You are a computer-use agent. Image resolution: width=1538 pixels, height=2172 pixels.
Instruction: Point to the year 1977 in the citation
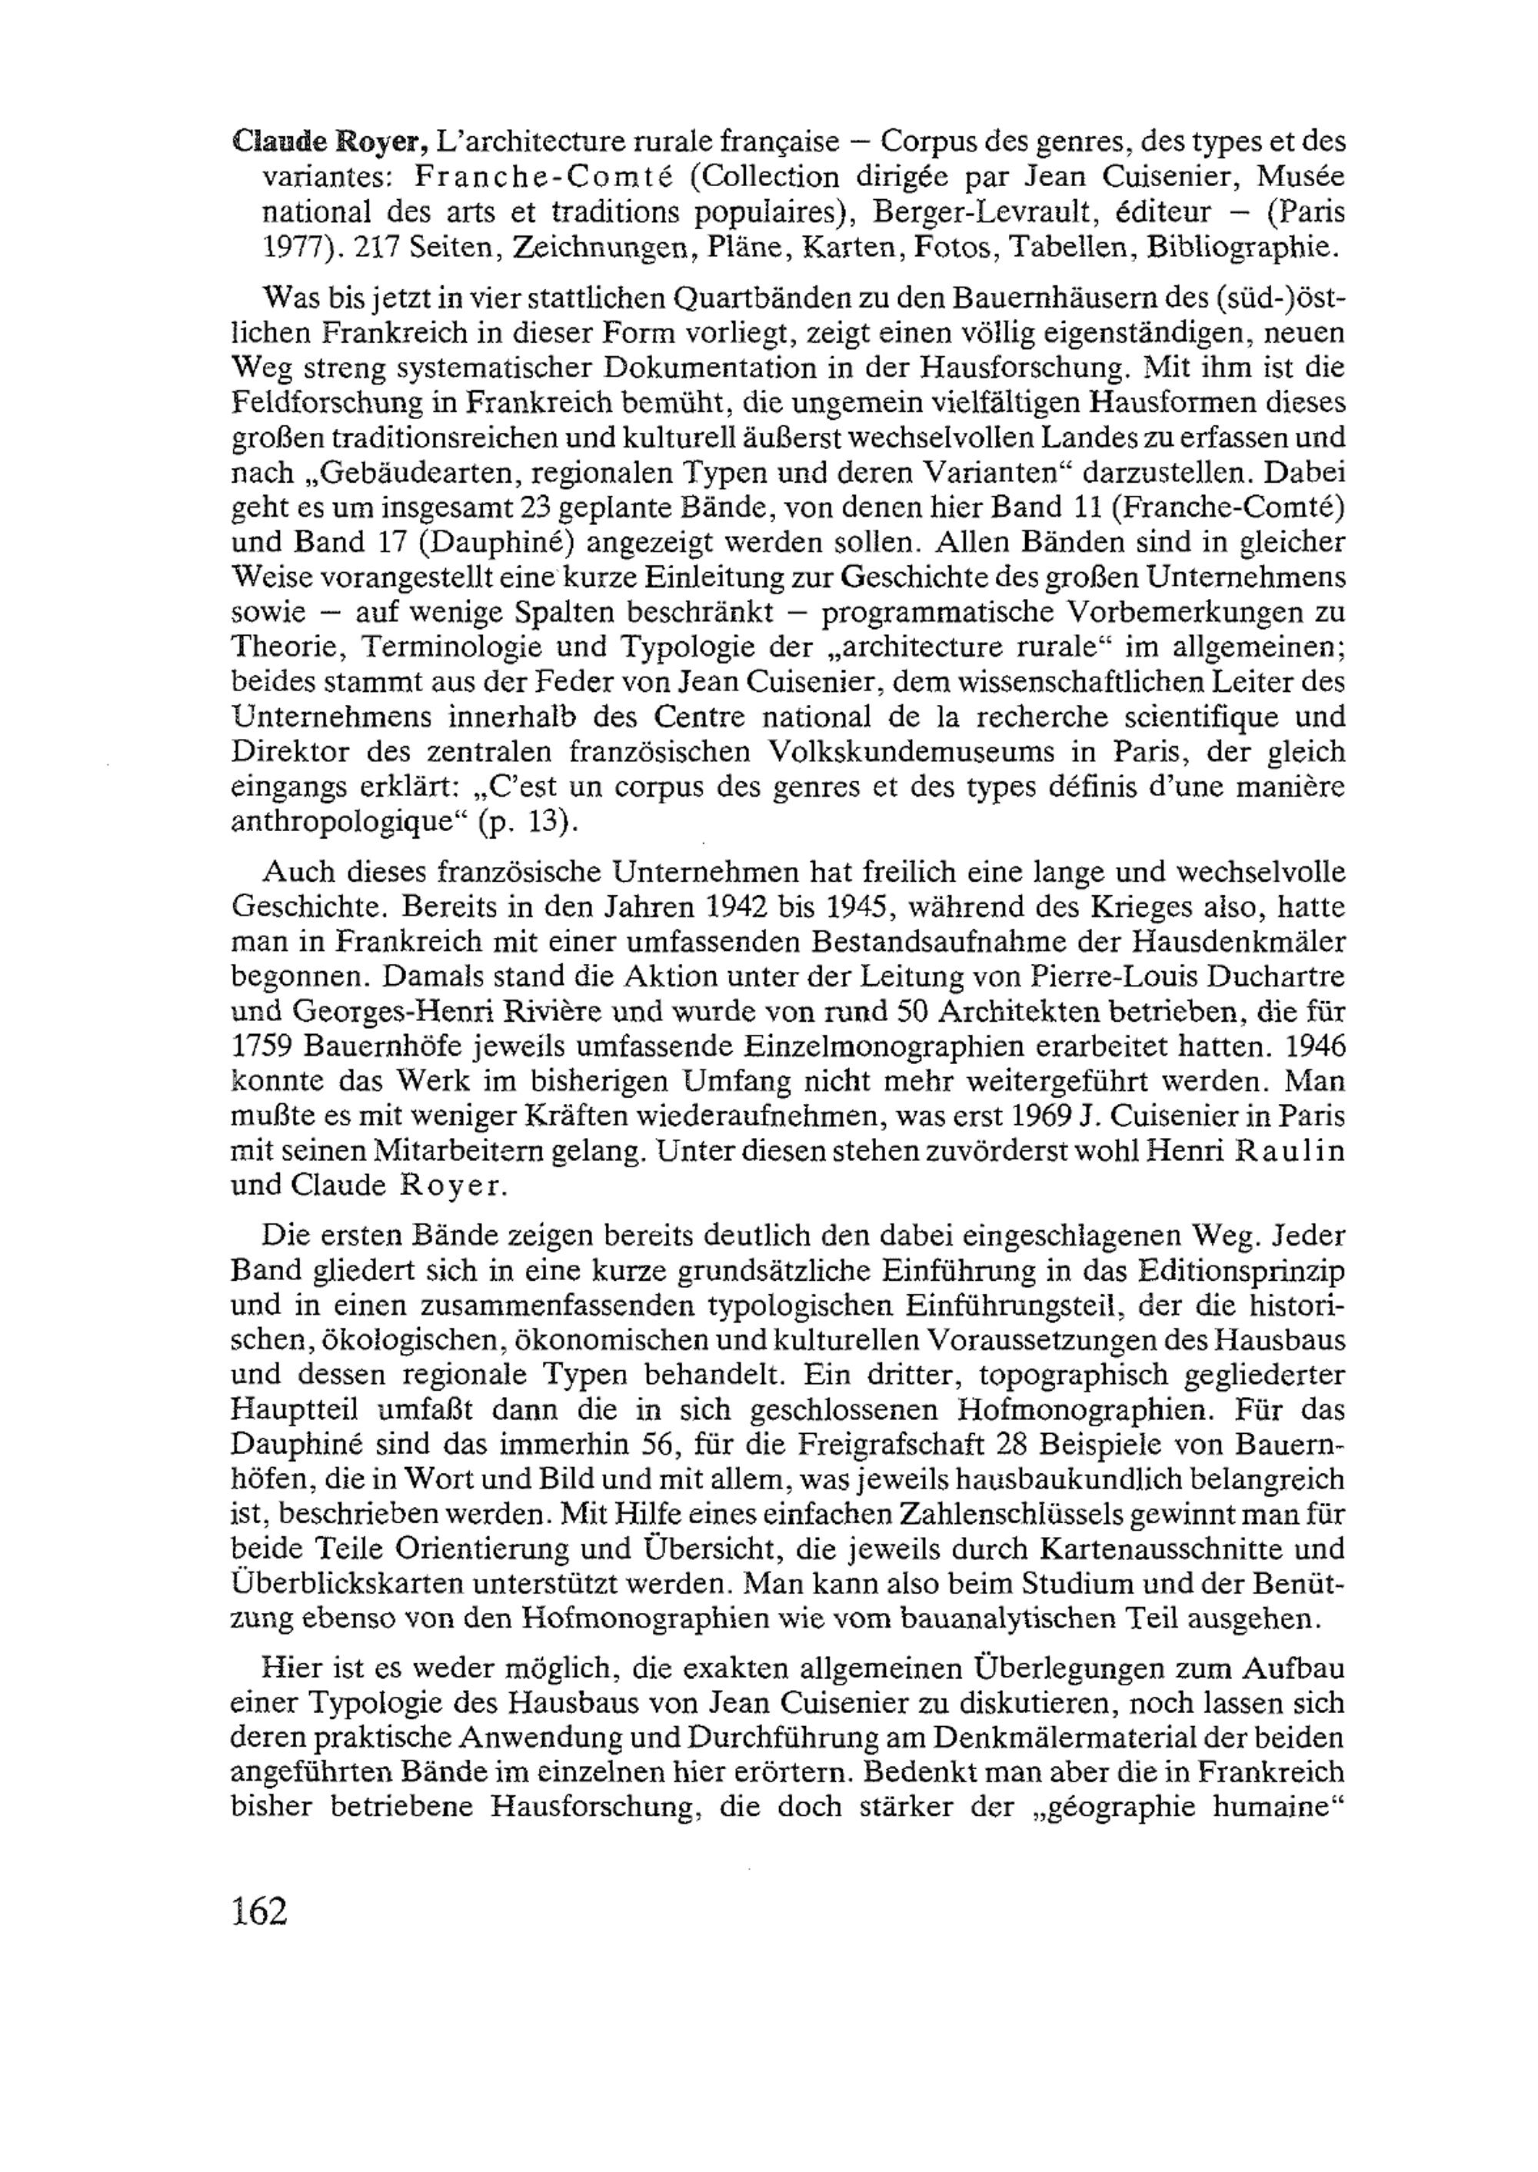[291, 247]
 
